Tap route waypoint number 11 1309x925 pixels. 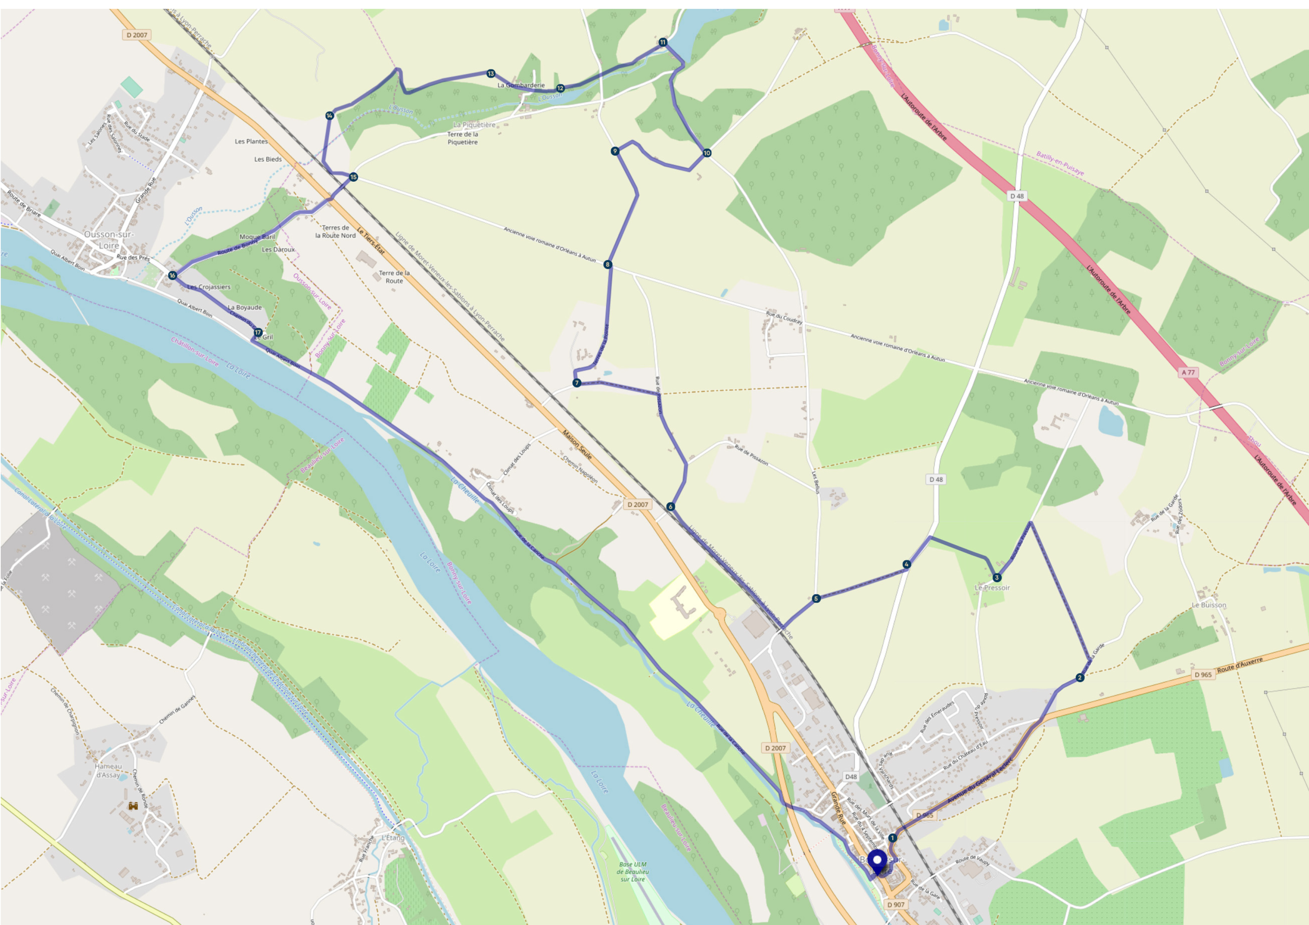click(662, 42)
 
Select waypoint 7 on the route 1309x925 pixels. click(577, 383)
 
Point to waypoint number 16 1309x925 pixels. click(172, 275)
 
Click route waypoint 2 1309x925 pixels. click(1079, 678)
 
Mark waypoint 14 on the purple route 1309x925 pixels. click(329, 116)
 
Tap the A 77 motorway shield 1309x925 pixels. click(1188, 372)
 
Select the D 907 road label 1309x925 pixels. click(896, 904)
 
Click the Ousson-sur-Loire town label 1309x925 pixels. click(109, 240)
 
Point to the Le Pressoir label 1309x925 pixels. click(992, 587)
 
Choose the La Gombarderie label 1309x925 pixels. click(521, 85)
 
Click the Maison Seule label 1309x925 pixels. click(577, 445)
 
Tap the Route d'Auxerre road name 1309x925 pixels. click(1240, 665)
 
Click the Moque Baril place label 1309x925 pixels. click(257, 236)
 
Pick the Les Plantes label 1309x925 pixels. click(252, 141)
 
